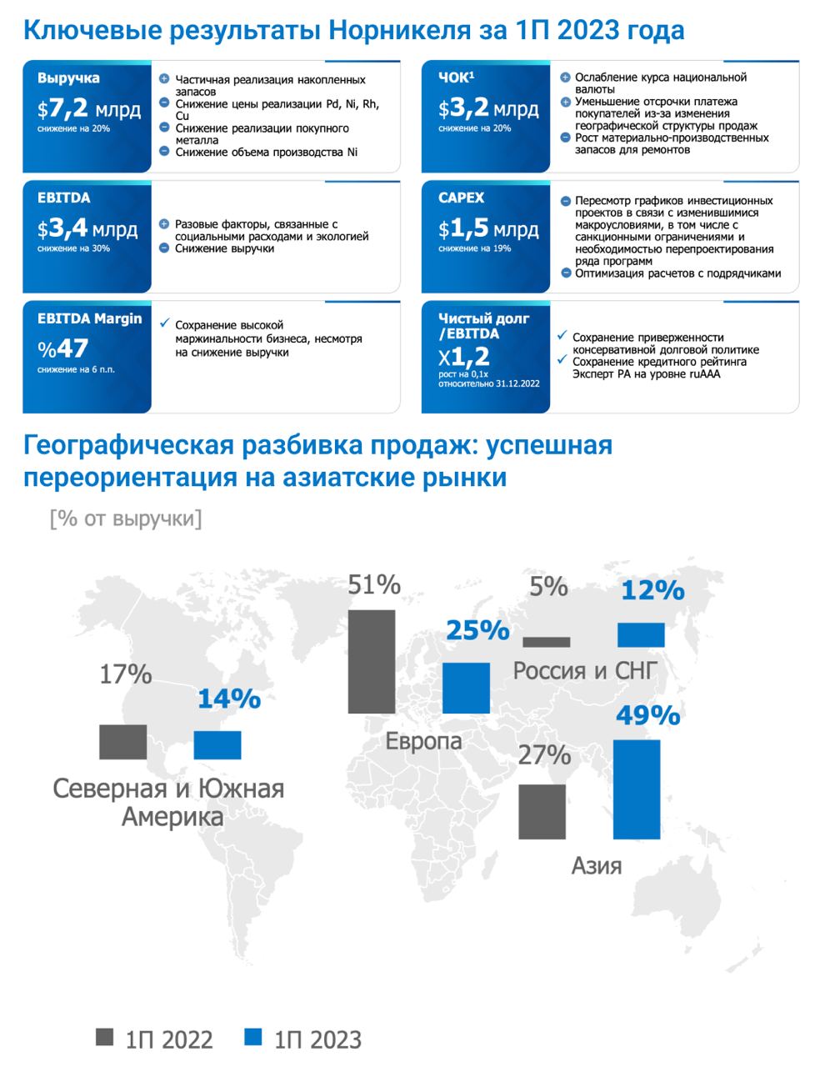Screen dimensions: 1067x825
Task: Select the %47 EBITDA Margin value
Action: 62,349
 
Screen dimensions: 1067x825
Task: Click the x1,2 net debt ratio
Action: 465,357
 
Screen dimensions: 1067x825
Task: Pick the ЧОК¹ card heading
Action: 456,78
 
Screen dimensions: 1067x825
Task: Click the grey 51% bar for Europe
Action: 371,662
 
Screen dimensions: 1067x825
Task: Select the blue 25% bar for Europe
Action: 466,688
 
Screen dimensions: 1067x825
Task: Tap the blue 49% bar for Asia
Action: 637,789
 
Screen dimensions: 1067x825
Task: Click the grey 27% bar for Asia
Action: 542,811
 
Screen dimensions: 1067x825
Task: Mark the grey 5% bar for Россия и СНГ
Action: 547,642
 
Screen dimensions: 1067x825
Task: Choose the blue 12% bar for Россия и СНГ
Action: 641,635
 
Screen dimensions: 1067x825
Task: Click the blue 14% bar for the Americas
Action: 217,744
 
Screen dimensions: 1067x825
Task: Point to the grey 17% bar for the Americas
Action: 122,742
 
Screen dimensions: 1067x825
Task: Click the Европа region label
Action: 423,741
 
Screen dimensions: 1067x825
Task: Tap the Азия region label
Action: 597,865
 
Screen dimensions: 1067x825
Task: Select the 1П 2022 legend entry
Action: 155,1039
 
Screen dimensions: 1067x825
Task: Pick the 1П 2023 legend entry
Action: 303,1039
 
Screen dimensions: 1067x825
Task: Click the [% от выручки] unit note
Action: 126,518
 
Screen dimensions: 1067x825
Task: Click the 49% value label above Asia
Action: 648,715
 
